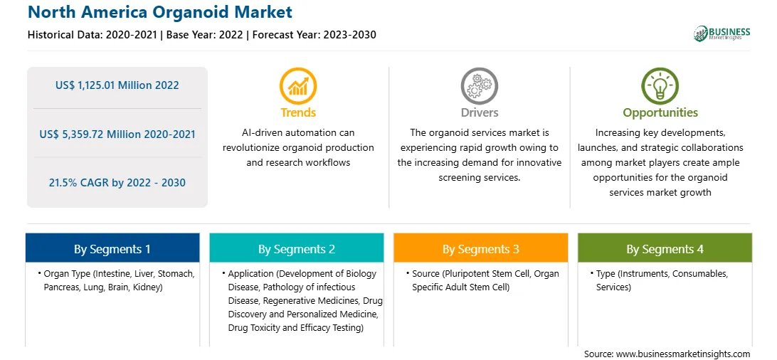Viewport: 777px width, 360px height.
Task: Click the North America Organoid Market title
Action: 160,12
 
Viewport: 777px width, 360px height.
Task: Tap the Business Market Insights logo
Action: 721,33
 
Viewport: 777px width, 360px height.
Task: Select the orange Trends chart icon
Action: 298,85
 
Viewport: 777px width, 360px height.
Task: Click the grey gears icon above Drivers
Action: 479,85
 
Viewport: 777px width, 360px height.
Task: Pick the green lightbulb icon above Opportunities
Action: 660,85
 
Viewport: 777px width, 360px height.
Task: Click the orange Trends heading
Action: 298,112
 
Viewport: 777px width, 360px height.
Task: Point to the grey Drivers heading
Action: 480,112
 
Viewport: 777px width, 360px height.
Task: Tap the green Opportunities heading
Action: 660,113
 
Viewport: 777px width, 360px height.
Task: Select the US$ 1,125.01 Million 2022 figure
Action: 117,85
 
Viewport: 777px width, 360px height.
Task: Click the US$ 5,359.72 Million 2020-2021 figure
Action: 117,134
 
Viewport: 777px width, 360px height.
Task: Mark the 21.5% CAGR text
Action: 117,183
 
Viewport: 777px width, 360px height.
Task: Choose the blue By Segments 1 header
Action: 112,248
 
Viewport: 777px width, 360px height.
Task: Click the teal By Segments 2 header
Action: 296,248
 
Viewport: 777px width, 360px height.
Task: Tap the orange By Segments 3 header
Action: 481,248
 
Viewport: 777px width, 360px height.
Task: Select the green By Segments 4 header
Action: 665,248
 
